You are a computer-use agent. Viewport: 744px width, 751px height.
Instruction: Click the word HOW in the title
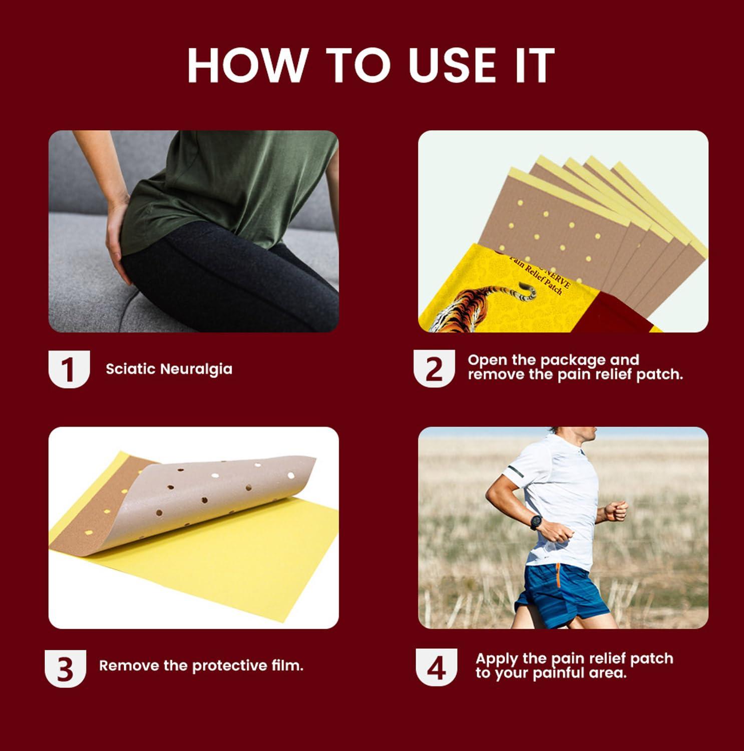pyautogui.click(x=246, y=66)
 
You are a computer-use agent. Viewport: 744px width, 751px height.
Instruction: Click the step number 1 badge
pyautogui.click(x=69, y=369)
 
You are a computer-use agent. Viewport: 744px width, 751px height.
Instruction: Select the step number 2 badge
pyautogui.click(x=434, y=368)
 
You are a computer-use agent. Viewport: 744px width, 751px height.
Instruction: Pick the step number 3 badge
pyautogui.click(x=66, y=668)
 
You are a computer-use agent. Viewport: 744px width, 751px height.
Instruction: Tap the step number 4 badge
pyautogui.click(x=437, y=667)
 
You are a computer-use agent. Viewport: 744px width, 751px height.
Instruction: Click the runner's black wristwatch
pyautogui.click(x=536, y=522)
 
